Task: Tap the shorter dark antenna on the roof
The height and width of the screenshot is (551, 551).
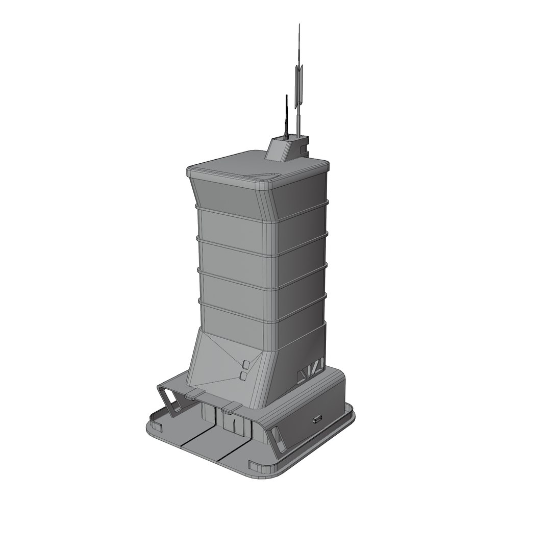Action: pyautogui.click(x=287, y=115)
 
